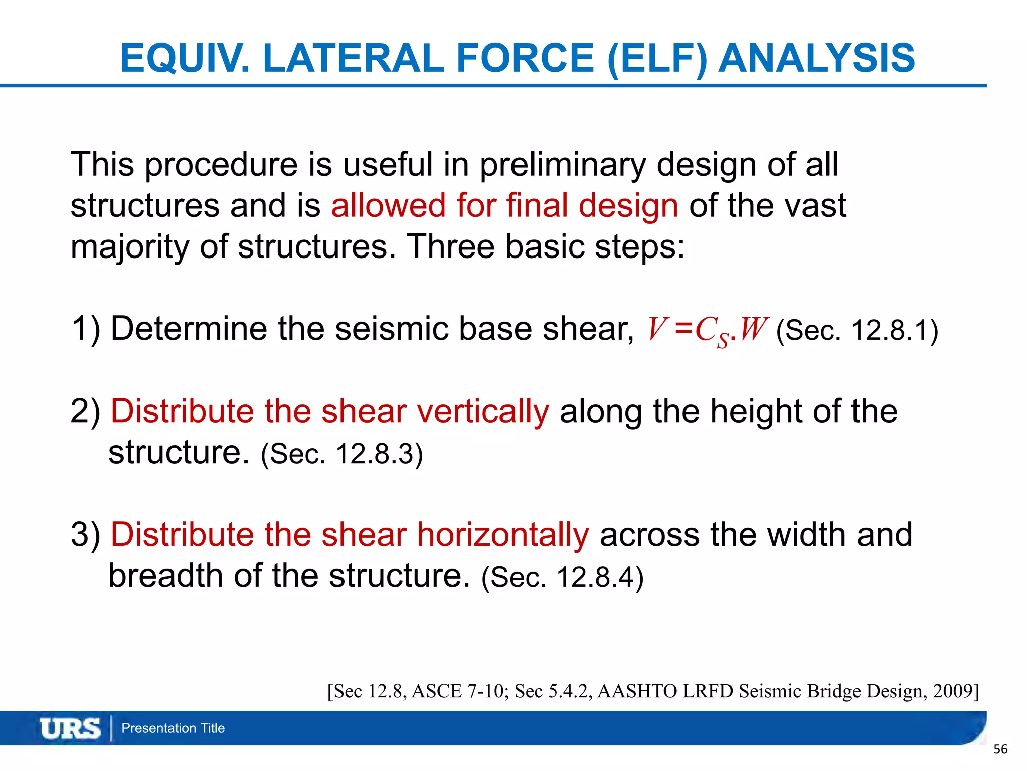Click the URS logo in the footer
pyautogui.click(x=70, y=728)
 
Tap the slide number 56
pyautogui.click(x=1000, y=749)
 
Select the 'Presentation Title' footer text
pyautogui.click(x=173, y=728)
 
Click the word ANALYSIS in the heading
pyautogui.click(x=816, y=58)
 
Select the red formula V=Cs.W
pyautogui.click(x=707, y=330)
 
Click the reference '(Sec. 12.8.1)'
pyautogui.click(x=857, y=331)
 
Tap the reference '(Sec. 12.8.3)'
pyautogui.click(x=342, y=454)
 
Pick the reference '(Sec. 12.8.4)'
pyautogui.click(x=562, y=577)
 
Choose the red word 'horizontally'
pyautogui.click(x=502, y=534)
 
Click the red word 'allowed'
pyautogui.click(x=388, y=205)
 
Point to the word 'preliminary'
pyautogui.click(x=563, y=165)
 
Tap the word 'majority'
pyautogui.click(x=129, y=247)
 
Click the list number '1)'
pyautogui.click(x=86, y=329)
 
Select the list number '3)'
pyautogui.click(x=86, y=534)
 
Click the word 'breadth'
pyautogui.click(x=166, y=575)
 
